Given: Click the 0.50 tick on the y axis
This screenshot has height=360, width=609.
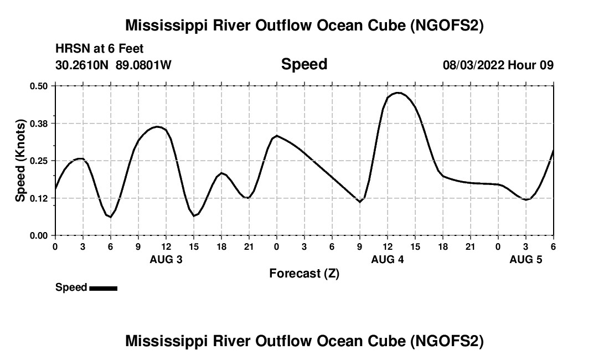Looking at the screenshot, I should [x=39, y=86].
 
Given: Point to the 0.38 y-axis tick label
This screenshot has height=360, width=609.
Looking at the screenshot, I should [x=39, y=123].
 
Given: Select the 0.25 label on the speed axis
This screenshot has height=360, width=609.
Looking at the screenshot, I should [x=39, y=161].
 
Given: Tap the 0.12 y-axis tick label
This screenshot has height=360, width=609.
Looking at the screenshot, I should [x=39, y=198].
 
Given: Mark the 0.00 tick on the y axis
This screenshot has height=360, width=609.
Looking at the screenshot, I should [x=39, y=235].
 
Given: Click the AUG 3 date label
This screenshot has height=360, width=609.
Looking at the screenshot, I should [x=166, y=259].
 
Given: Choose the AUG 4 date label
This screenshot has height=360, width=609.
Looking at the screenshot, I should [x=388, y=259].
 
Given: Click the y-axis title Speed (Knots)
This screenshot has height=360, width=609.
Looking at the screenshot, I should [x=20, y=160].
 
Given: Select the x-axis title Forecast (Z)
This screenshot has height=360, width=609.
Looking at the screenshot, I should [x=304, y=273].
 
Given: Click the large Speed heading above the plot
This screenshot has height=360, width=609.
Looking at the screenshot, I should [x=304, y=64].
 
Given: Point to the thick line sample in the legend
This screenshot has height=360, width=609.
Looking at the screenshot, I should [x=103, y=288].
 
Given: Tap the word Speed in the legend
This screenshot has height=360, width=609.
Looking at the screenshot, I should [x=71, y=287].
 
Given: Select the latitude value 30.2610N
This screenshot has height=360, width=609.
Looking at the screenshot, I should [x=82, y=65].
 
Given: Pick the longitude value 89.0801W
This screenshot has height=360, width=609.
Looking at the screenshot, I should [x=143, y=65].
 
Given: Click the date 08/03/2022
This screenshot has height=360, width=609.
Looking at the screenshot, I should [x=473, y=65].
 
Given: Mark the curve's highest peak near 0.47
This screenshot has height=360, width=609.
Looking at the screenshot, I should [x=398, y=92].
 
